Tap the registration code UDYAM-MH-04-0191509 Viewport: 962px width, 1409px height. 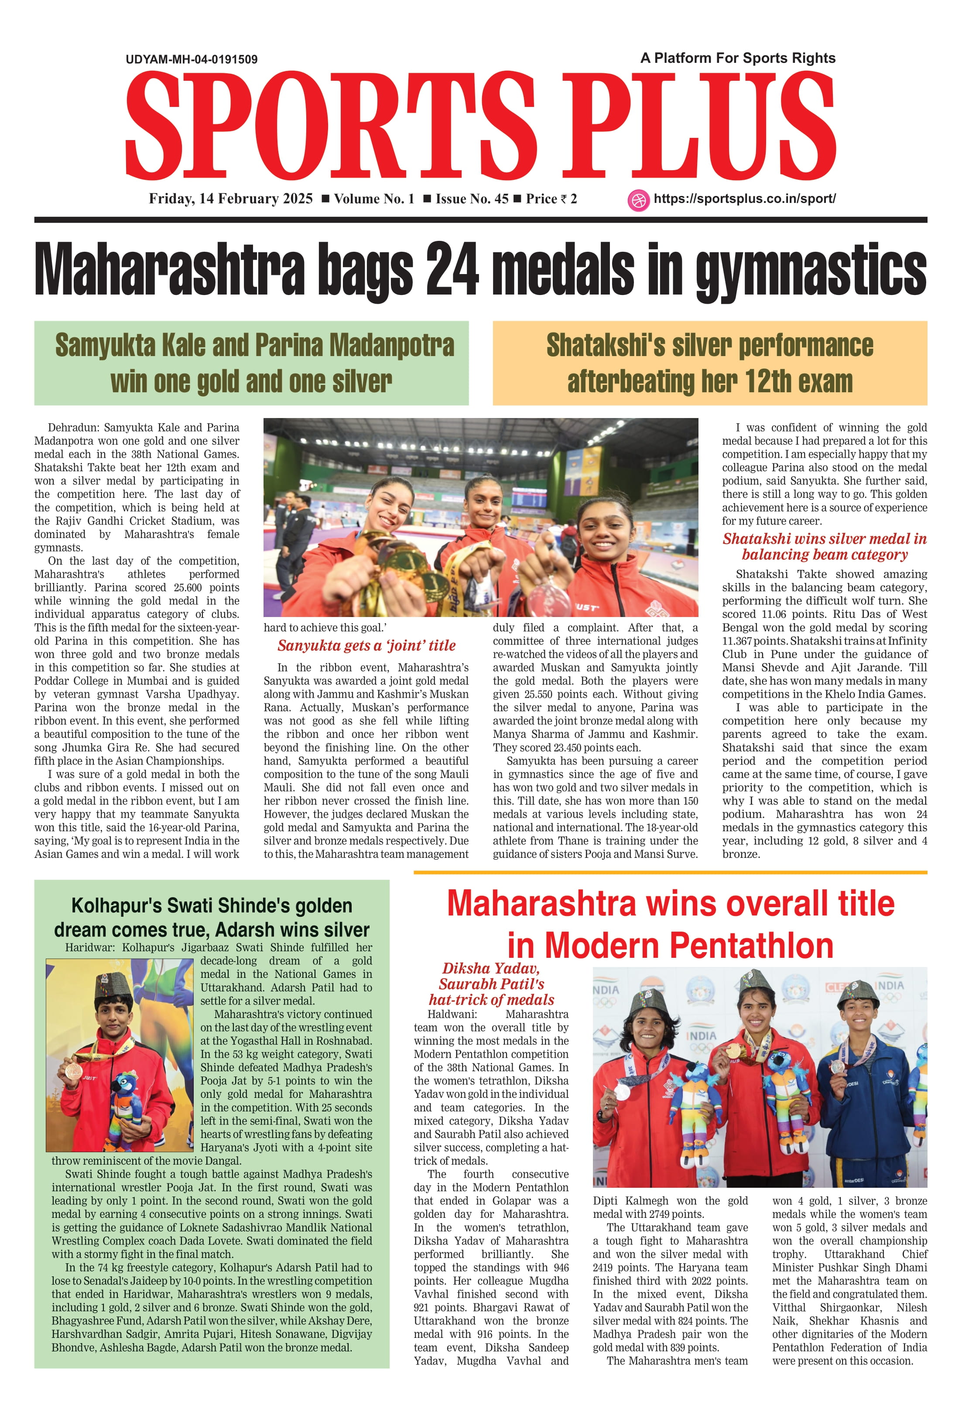pos(192,59)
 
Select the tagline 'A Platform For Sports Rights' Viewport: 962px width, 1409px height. pos(738,58)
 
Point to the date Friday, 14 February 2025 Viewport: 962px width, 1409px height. pos(231,199)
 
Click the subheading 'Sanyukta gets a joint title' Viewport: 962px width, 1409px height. pos(366,646)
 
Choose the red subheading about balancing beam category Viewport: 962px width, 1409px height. pos(825,546)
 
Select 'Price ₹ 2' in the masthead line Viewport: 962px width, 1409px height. pos(551,199)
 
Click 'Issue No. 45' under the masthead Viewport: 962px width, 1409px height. pos(472,199)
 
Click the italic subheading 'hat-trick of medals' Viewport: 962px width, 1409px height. pos(491,1000)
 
